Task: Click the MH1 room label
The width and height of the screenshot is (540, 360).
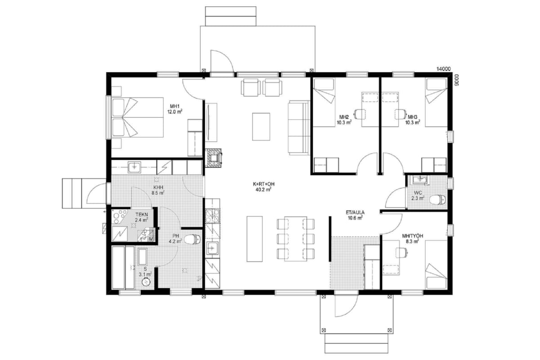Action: (175, 106)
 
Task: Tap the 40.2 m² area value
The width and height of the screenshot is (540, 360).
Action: (263, 189)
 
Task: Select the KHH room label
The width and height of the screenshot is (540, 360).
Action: (158, 187)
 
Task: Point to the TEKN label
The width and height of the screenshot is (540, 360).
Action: (141, 215)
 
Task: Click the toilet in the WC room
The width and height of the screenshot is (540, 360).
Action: (437, 199)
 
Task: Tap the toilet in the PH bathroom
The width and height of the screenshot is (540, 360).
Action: (192, 239)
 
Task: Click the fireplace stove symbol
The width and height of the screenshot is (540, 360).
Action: (213, 158)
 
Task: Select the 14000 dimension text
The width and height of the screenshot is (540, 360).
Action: (444, 69)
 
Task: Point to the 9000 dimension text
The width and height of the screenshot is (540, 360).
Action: (456, 80)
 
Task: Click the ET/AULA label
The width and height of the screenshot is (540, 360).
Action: (355, 213)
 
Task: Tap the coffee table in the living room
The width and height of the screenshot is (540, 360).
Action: (261, 126)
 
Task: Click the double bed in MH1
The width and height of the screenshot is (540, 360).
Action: (137, 117)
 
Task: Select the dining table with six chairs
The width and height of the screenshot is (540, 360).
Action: (296, 238)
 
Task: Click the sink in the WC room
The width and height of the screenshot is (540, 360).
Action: (420, 180)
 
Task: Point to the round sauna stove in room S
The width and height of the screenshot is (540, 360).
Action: (146, 282)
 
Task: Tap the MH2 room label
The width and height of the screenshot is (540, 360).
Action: (344, 117)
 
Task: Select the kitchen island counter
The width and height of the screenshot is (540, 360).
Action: (255, 238)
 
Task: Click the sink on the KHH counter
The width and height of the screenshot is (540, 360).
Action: (134, 167)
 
